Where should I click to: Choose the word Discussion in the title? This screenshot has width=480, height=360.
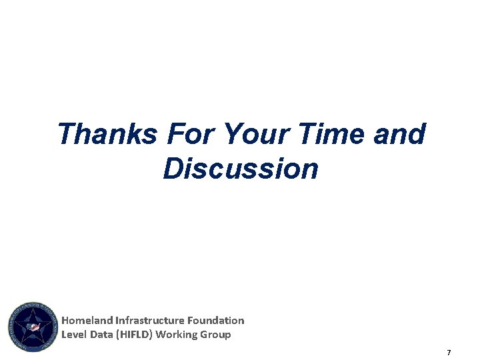point(241,169)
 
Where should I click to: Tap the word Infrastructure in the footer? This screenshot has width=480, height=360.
point(146,321)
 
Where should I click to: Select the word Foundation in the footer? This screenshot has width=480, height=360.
point(214,321)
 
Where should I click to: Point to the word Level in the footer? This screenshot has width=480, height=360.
point(73,335)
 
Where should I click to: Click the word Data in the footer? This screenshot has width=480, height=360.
point(100,335)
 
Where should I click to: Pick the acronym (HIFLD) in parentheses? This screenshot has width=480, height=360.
point(134,335)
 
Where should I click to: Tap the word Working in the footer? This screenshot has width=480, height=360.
point(177,335)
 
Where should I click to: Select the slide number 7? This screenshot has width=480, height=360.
point(449,352)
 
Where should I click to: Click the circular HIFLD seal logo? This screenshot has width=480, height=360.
point(33,327)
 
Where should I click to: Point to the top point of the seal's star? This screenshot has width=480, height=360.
point(33,308)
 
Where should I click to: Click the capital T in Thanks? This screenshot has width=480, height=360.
point(66,134)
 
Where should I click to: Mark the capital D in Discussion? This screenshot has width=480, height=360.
point(172,169)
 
